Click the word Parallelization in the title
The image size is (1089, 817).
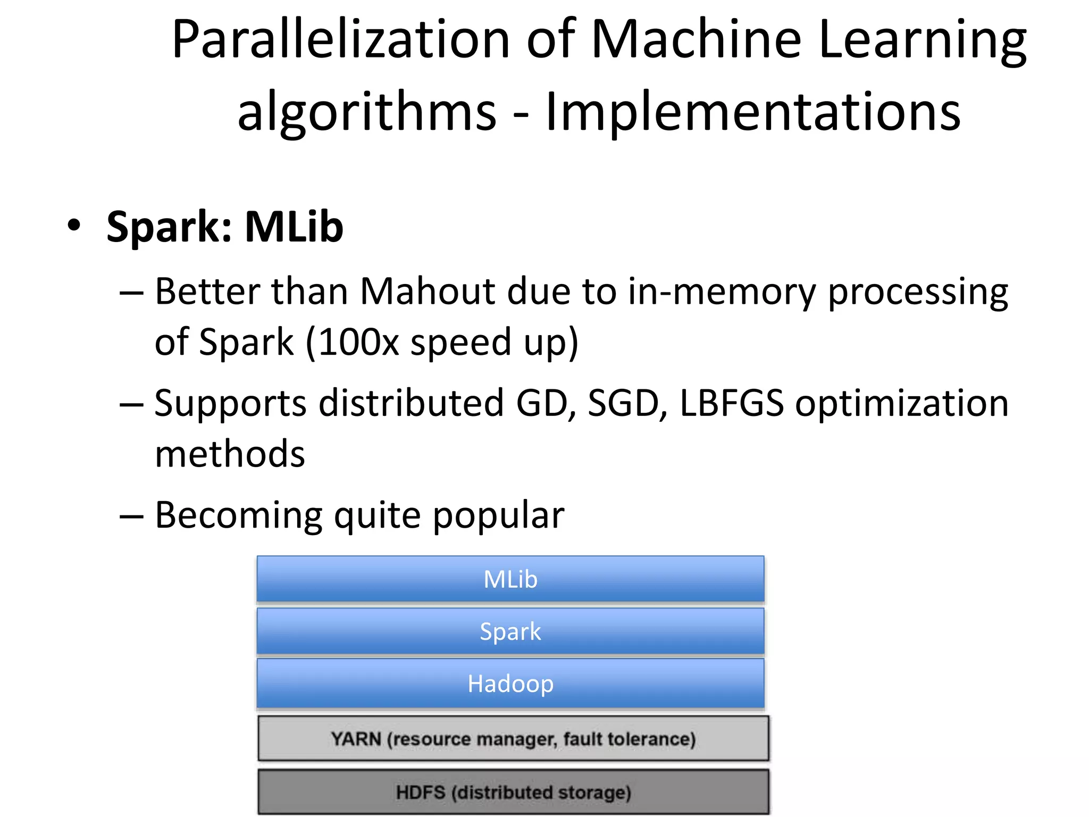(340, 40)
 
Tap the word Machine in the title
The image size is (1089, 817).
(696, 40)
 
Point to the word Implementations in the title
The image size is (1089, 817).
(753, 112)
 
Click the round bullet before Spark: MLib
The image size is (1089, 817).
(74, 226)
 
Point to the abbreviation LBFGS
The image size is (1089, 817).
(732, 403)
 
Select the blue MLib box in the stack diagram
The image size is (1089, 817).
(510, 579)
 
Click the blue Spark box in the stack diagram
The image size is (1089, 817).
(510, 631)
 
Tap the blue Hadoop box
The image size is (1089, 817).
(510, 683)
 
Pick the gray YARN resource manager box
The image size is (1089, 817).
(513, 738)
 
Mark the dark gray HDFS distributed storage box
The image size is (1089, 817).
(513, 792)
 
